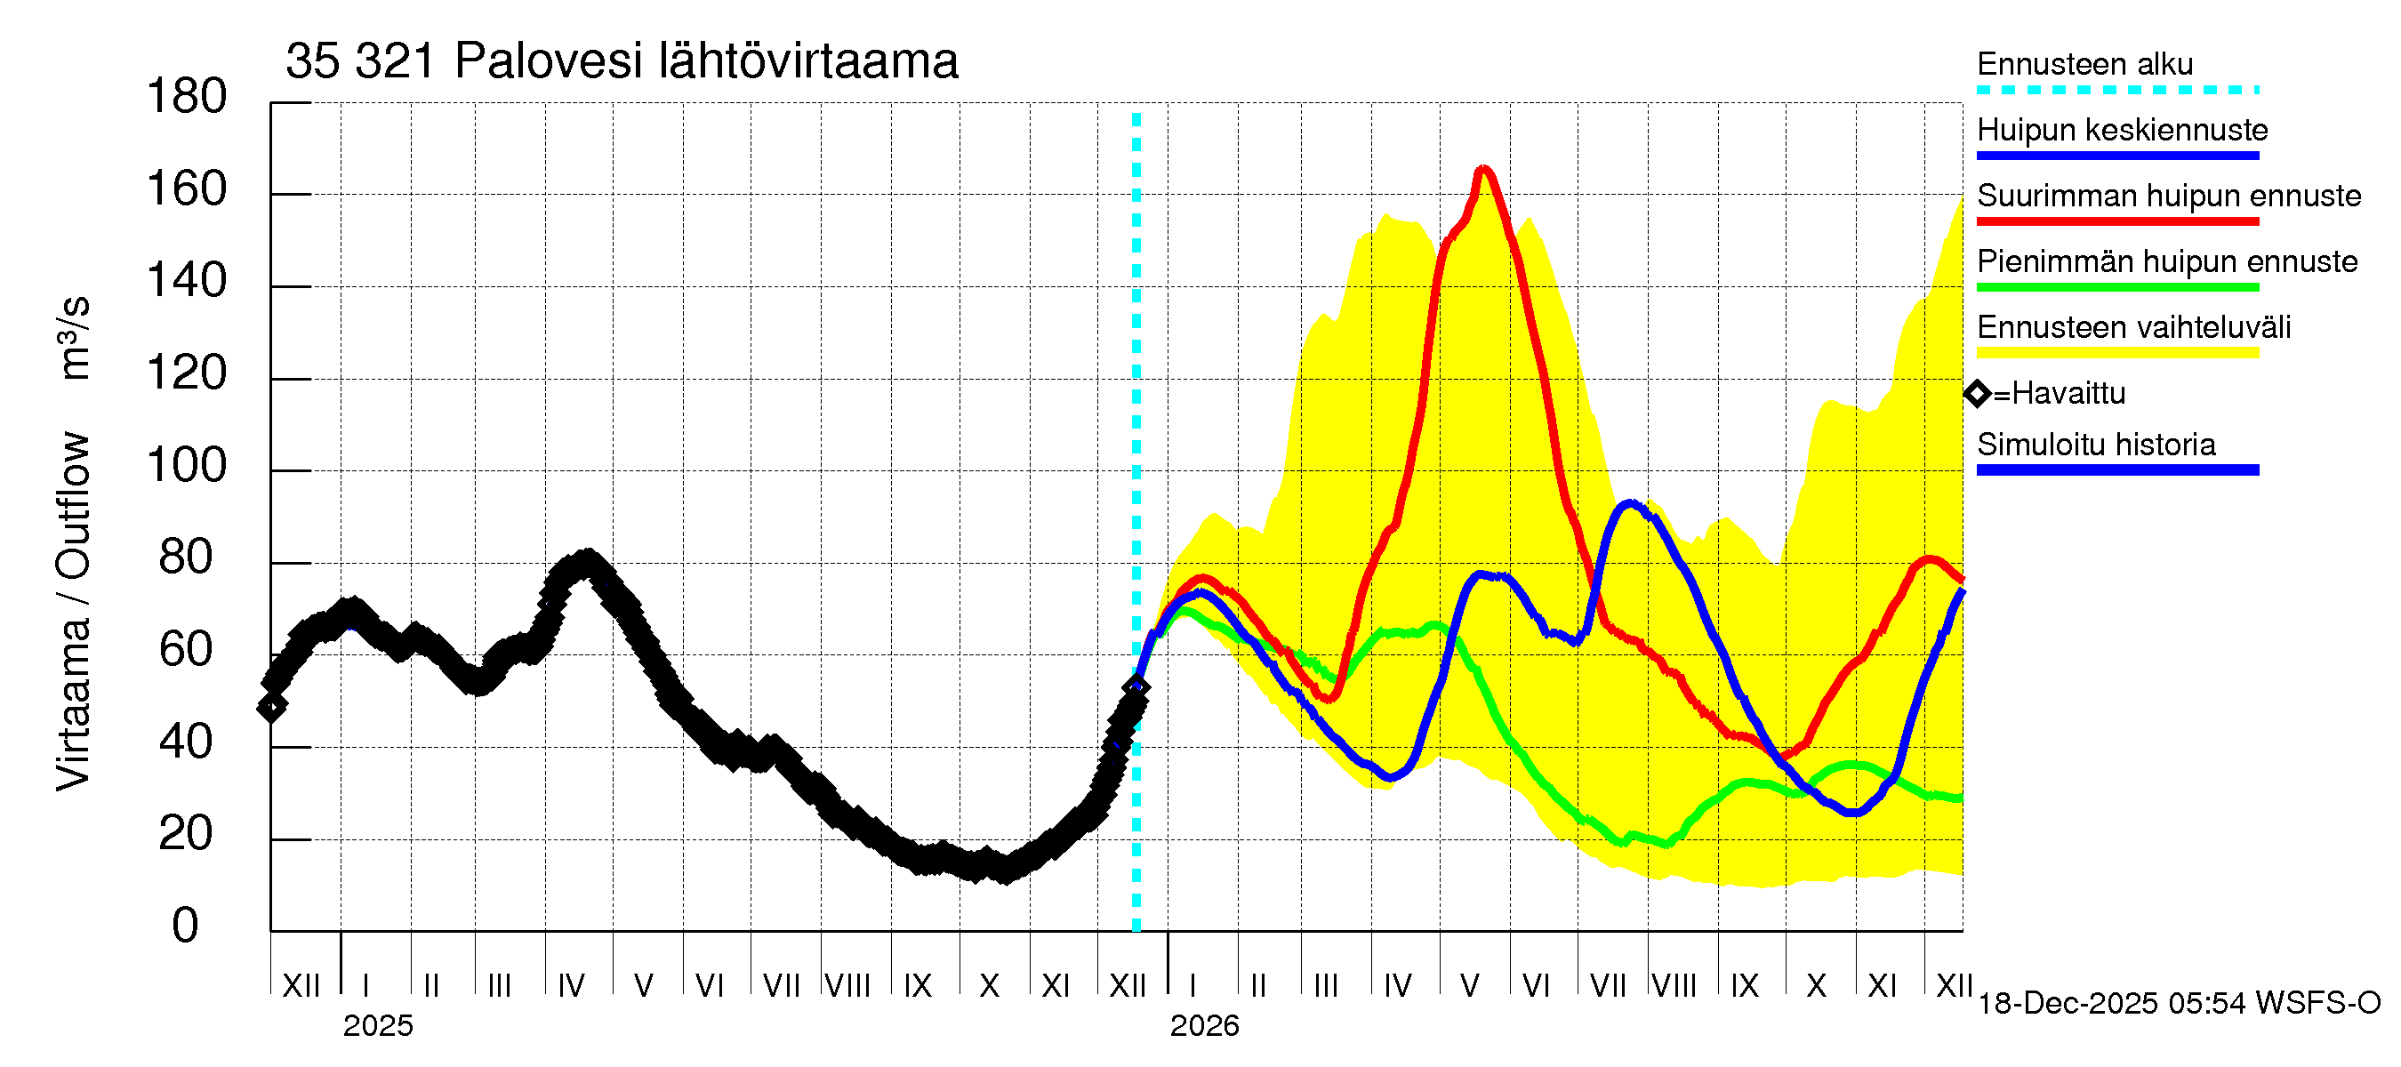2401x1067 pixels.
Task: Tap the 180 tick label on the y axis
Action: pos(187,97)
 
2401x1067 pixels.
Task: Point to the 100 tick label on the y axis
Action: pos(187,465)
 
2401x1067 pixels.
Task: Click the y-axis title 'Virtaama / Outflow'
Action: pos(73,610)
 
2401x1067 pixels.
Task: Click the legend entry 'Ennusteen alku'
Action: pos(2084,64)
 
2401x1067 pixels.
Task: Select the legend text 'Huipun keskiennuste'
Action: pos(2122,130)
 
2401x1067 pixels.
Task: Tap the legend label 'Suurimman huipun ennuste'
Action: pos(2168,196)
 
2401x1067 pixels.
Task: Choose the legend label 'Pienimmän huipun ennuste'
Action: pos(2166,261)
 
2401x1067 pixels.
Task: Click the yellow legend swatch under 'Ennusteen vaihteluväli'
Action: pos(2116,353)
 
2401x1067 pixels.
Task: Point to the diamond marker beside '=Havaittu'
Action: pos(1976,394)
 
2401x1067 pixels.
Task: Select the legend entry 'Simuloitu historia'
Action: pos(2095,445)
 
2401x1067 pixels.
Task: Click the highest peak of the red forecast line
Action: pos(1483,169)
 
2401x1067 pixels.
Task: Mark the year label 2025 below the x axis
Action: pos(377,1026)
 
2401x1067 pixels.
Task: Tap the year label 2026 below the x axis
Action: pos(1204,1026)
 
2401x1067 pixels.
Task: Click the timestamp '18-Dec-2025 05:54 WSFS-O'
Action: pos(2178,1004)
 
